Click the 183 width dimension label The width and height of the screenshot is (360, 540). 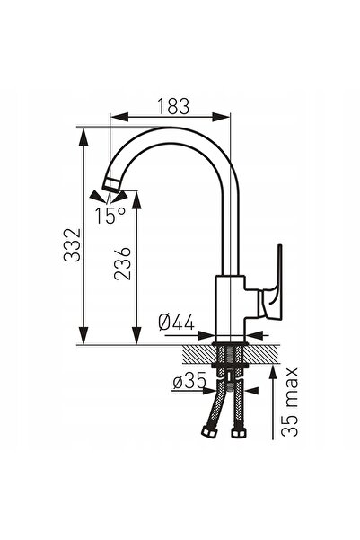(x=173, y=106)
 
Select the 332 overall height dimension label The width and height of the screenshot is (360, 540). (x=73, y=244)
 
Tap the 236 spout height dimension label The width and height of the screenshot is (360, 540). (x=123, y=263)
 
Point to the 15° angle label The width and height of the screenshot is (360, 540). (x=110, y=216)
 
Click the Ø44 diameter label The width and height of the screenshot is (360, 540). (x=177, y=323)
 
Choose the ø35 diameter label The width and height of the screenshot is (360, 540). (x=189, y=381)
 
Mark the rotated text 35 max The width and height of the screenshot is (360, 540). (x=289, y=402)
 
